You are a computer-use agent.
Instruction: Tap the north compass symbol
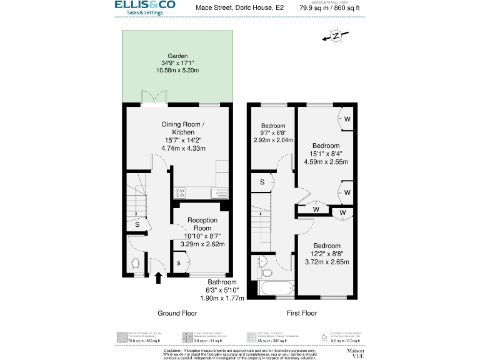tap(336, 36)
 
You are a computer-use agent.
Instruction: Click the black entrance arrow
tap(157, 277)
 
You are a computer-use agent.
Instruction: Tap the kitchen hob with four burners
tap(179, 193)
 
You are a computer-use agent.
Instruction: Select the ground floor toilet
tap(137, 263)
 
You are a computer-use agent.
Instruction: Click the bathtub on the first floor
tap(276, 289)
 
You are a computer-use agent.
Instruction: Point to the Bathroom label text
tap(222, 281)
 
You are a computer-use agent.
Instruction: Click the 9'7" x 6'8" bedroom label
tap(272, 132)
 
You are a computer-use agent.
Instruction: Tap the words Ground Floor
tap(177, 313)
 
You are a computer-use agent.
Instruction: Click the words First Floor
tap(301, 313)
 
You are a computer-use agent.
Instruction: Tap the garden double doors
tap(153, 99)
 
